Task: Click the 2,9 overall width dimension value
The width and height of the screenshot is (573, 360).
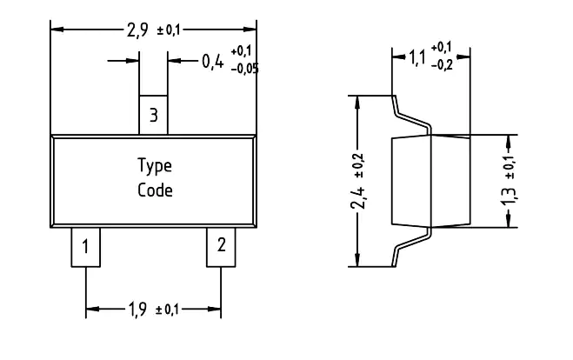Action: [x=137, y=30]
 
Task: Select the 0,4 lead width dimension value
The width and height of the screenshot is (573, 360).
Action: [x=212, y=61]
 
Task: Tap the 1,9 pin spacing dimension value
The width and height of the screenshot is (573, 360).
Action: [x=137, y=310]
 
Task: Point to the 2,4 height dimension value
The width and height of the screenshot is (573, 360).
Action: [x=358, y=197]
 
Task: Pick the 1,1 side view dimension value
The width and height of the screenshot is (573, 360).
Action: [x=417, y=57]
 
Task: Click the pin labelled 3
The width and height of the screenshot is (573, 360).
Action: [x=153, y=115]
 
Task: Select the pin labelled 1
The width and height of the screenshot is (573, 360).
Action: [x=85, y=247]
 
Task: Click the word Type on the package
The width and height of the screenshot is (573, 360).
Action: [x=155, y=166]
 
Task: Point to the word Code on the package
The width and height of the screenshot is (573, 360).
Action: [x=155, y=190]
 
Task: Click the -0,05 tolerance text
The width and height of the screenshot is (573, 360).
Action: [x=245, y=69]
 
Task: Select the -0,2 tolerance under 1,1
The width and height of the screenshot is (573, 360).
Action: [x=442, y=65]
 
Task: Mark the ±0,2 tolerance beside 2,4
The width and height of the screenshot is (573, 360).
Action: [x=359, y=165]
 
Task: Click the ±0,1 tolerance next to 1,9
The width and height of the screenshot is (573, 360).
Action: [x=167, y=310]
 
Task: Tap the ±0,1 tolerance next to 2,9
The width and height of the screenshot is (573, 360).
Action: [x=169, y=30]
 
